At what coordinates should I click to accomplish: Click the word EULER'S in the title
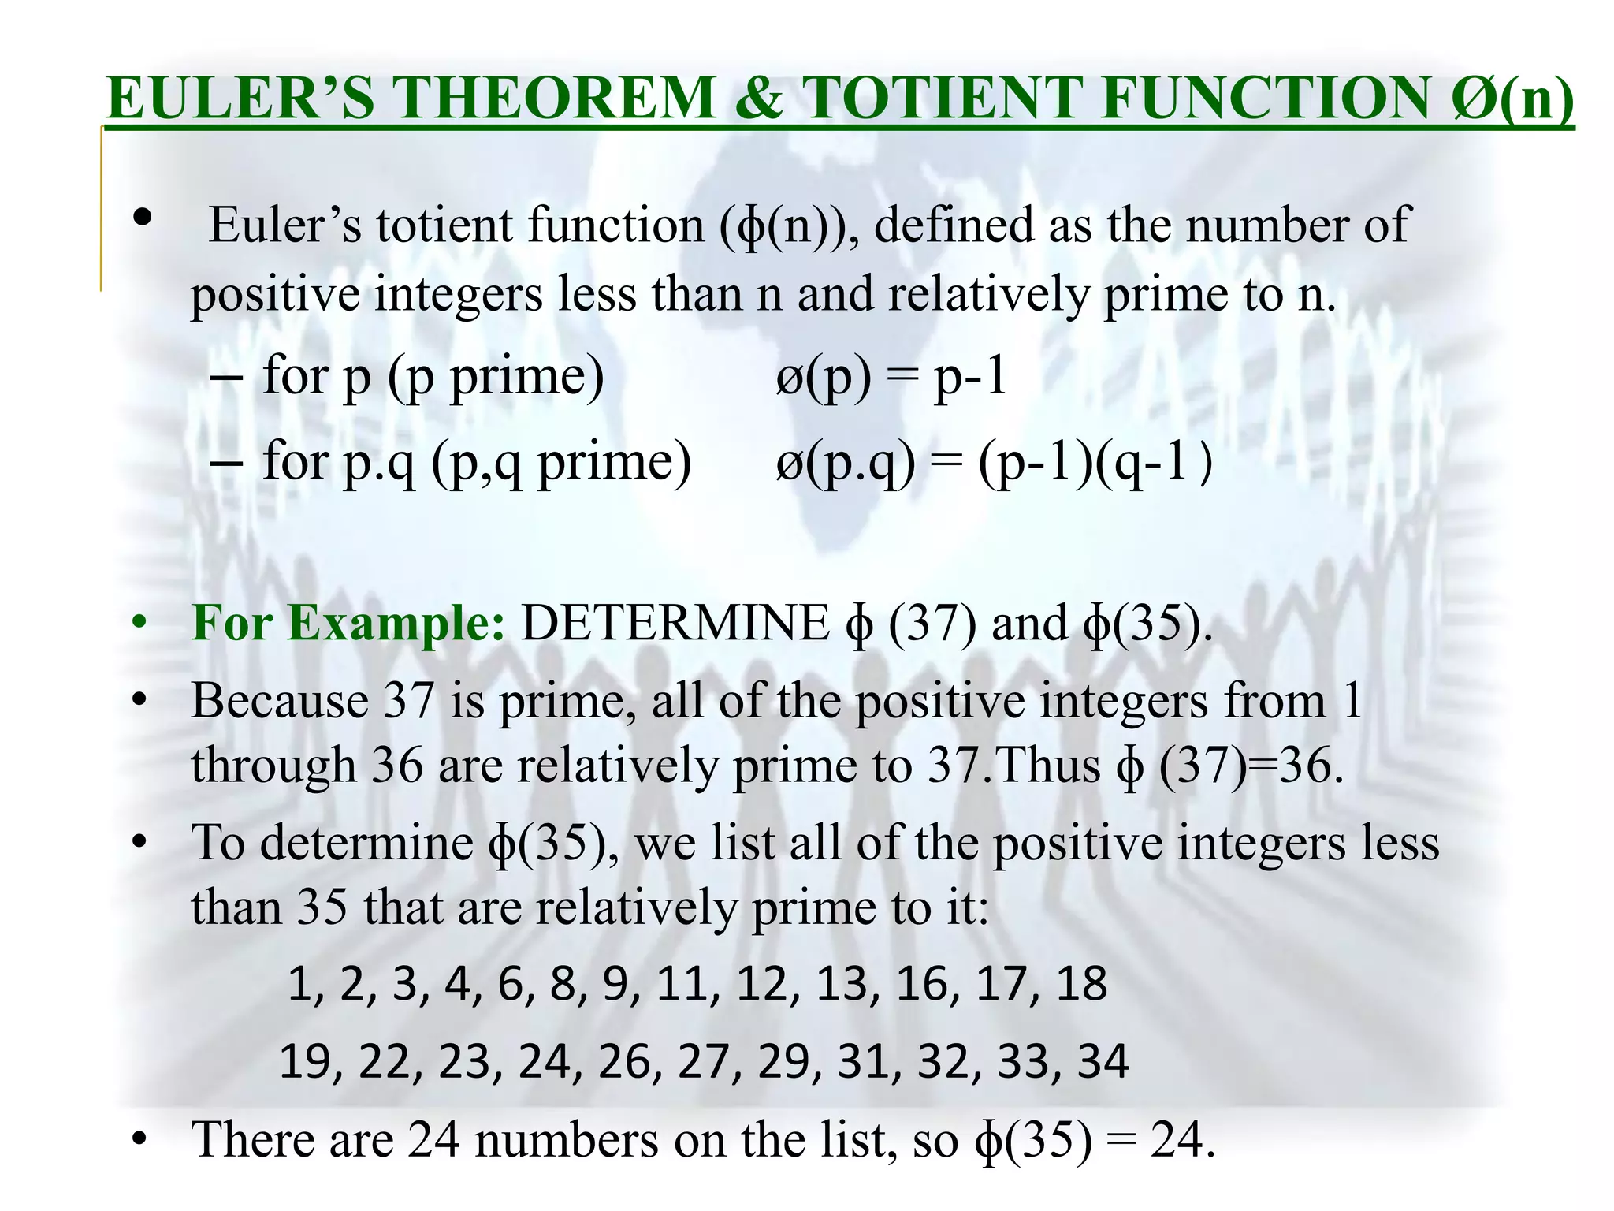pos(240,99)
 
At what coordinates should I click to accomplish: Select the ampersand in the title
pos(757,99)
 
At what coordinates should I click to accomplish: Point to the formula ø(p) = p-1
pos(891,377)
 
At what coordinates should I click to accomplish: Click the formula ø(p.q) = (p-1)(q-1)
pos(993,463)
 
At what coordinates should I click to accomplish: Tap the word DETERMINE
pos(675,623)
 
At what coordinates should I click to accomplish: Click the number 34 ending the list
pos(1103,1061)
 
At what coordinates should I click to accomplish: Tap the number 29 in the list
pos(784,1061)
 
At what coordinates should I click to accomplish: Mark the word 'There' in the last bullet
pos(252,1140)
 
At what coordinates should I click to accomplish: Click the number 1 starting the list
pos(299,984)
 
